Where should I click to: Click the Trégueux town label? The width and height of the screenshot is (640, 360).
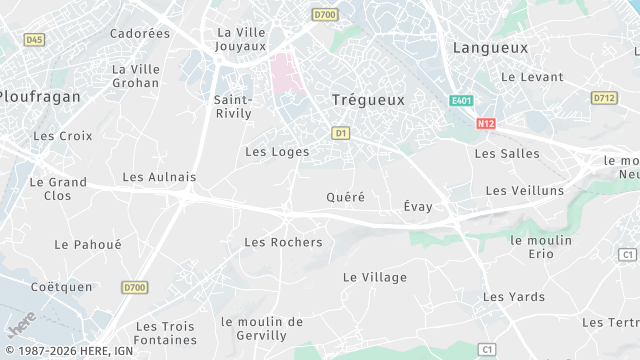[x=368, y=100]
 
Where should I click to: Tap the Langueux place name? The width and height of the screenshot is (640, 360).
[x=489, y=47]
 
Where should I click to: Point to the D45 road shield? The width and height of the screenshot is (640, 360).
[x=34, y=39]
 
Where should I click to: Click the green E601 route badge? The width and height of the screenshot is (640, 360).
[x=460, y=101]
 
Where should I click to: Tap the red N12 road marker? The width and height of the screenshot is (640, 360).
[x=486, y=123]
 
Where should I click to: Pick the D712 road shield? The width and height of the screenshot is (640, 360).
[x=603, y=98]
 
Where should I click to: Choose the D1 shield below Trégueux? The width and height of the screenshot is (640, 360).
[x=341, y=132]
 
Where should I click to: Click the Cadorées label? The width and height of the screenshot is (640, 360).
[x=140, y=33]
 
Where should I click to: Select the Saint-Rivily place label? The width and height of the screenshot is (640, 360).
[x=233, y=106]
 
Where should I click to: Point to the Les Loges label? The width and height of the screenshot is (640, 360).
[x=277, y=152]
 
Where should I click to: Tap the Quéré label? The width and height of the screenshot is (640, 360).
[x=346, y=197]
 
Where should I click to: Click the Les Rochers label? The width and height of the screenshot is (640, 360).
[x=283, y=242]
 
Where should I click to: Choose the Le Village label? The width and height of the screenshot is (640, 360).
[x=375, y=277]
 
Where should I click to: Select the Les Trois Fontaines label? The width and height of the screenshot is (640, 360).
[x=165, y=333]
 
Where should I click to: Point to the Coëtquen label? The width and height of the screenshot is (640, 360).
[x=61, y=287]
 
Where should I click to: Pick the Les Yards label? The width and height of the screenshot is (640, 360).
[x=514, y=297]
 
